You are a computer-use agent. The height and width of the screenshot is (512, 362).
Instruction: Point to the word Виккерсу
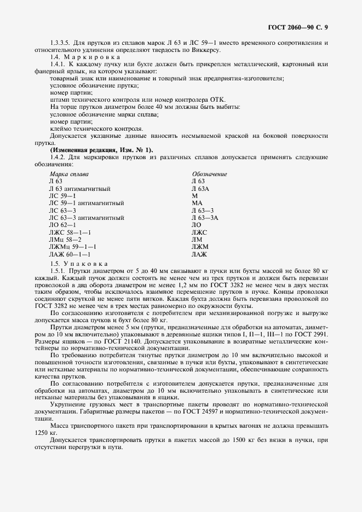pyautogui.click(x=204, y=50)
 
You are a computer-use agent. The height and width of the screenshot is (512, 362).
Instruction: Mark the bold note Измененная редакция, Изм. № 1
pyautogui.click(x=102, y=150)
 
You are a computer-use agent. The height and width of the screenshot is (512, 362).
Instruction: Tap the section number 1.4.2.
pyautogui.click(x=58, y=157)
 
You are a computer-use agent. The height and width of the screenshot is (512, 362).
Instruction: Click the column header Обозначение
pyautogui.click(x=209, y=174)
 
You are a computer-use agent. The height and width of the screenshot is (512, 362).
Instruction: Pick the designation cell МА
pyautogui.click(x=197, y=203)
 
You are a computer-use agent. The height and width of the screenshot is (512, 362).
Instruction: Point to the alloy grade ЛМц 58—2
pyautogui.click(x=65, y=240)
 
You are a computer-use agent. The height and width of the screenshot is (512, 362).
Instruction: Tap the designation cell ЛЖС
pyautogui.click(x=200, y=232)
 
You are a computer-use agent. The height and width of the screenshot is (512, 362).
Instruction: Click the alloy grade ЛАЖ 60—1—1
pyautogui.click(x=70, y=254)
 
